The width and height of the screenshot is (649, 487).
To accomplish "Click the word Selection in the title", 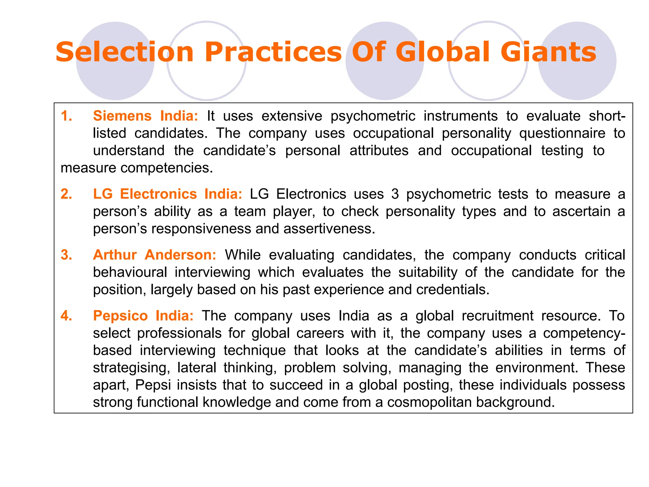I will [x=125, y=52].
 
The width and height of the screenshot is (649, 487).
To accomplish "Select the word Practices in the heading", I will [x=273, y=52].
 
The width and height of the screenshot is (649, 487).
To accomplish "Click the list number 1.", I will [x=66, y=116].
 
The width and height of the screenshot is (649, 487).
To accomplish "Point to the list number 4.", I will [x=66, y=316].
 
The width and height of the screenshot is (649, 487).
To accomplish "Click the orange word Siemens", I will [x=122, y=116].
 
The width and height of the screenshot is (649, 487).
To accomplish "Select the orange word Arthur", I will [x=115, y=255].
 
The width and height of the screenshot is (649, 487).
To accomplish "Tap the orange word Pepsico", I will [x=120, y=316].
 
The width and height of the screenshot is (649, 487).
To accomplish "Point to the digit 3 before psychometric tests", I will [x=395, y=194].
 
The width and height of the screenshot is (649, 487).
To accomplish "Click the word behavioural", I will [x=130, y=272].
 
